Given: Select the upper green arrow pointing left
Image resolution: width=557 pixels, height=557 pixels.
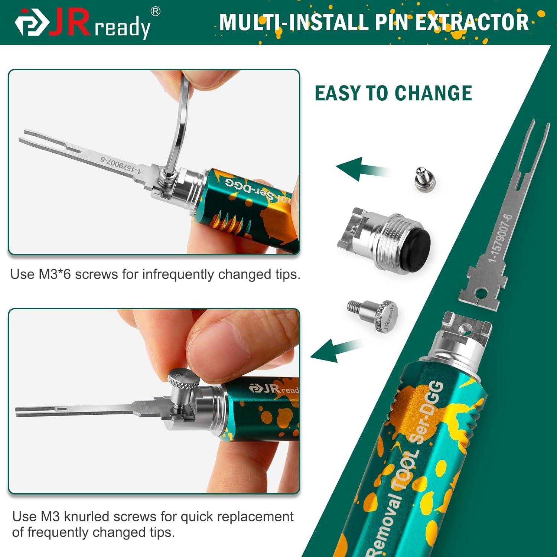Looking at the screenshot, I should coord(356,169).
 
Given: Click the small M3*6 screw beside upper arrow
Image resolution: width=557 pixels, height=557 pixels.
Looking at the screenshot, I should coord(424,177).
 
